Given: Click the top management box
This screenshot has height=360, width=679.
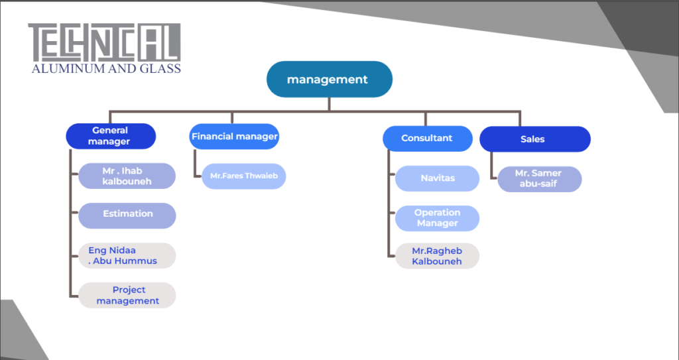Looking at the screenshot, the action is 329,80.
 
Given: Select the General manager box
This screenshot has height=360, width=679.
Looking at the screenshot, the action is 111,136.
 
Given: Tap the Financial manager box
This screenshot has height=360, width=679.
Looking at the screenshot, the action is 234,137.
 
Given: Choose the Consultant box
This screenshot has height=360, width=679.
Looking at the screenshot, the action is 428,139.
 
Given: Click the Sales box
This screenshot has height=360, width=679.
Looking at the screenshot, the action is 535,139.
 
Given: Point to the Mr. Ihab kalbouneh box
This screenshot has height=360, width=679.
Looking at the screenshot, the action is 127,176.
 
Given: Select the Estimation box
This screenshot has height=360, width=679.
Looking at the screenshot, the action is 127,215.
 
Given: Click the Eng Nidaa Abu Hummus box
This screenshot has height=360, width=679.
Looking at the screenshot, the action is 127,256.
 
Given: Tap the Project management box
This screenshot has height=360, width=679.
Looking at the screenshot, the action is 127,296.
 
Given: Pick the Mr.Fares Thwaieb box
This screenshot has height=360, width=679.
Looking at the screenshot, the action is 244,176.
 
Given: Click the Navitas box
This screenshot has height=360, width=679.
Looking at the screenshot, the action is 438,178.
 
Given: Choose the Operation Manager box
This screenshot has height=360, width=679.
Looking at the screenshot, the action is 438,218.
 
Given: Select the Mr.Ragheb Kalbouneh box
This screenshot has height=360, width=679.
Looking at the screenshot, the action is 438,256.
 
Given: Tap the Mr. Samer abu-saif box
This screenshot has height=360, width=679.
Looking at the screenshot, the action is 540,180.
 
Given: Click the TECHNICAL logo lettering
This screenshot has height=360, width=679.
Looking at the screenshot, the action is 104,42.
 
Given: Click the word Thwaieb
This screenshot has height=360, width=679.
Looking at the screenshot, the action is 261,176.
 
